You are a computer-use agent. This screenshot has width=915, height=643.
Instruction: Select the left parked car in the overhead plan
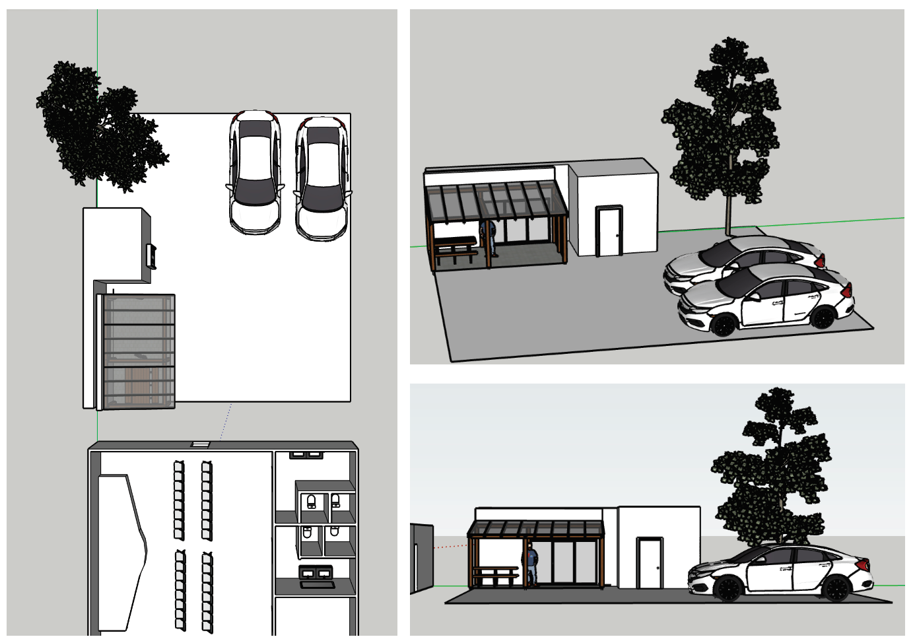(x=255, y=172)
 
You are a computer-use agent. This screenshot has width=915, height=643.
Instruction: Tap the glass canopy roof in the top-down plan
(x=139, y=350)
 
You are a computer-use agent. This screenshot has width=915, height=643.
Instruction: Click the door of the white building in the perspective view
(x=608, y=231)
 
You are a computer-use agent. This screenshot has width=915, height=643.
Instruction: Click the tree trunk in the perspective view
(x=729, y=211)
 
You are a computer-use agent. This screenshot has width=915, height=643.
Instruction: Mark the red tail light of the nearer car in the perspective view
(x=846, y=291)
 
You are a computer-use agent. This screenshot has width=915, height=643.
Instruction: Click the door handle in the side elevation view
(x=658, y=567)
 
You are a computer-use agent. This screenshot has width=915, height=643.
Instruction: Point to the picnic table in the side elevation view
(x=495, y=575)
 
